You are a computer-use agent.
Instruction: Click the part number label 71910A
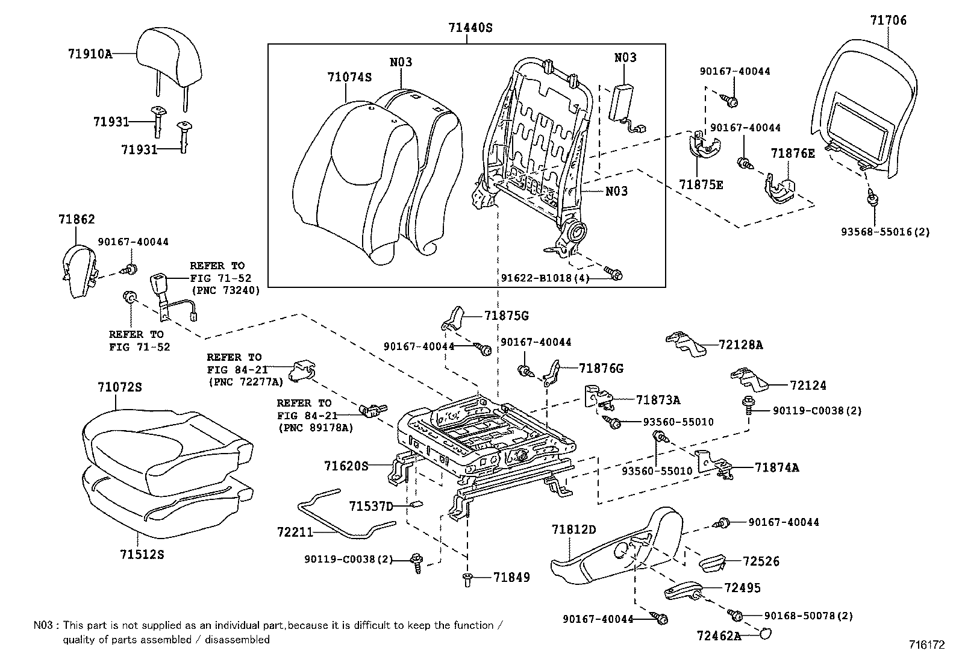tap(90, 54)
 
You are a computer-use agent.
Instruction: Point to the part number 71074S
tap(349, 77)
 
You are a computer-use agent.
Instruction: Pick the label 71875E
tap(701, 185)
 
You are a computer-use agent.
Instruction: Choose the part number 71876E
tap(793, 154)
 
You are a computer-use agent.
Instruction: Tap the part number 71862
tap(77, 220)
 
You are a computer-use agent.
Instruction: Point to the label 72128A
tap(740, 345)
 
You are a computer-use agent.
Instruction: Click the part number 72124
tap(808, 386)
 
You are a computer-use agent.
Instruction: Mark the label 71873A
tap(658, 400)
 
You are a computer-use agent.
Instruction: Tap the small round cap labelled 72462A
tap(766, 633)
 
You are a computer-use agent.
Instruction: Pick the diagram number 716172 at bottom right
tap(926, 645)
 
